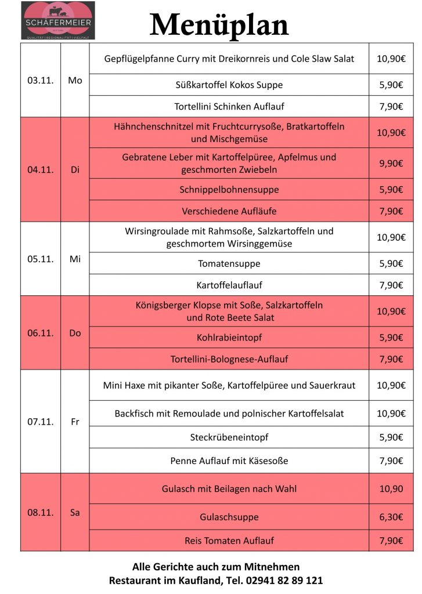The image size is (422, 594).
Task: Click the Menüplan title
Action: (x=219, y=25)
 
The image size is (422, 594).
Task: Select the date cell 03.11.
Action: (x=40, y=81)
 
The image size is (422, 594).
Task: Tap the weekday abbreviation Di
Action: (x=75, y=170)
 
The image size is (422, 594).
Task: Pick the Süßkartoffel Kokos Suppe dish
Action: (x=229, y=85)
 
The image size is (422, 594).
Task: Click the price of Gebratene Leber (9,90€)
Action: (x=391, y=164)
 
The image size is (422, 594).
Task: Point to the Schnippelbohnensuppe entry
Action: (x=229, y=190)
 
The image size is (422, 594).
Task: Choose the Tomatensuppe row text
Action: (x=229, y=263)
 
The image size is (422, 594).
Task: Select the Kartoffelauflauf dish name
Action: (x=229, y=285)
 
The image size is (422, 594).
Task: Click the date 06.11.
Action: (x=40, y=333)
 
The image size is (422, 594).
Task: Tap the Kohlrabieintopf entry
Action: (x=229, y=338)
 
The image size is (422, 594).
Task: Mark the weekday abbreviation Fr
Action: (x=75, y=422)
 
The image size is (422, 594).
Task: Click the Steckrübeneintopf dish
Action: (x=229, y=437)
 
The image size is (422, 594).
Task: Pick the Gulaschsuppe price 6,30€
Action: (x=391, y=517)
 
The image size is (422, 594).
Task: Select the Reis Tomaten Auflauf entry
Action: (x=229, y=541)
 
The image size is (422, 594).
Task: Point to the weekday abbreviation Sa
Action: (x=75, y=513)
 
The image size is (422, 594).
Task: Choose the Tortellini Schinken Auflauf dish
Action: (x=229, y=106)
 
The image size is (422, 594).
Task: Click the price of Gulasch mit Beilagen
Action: (x=391, y=489)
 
